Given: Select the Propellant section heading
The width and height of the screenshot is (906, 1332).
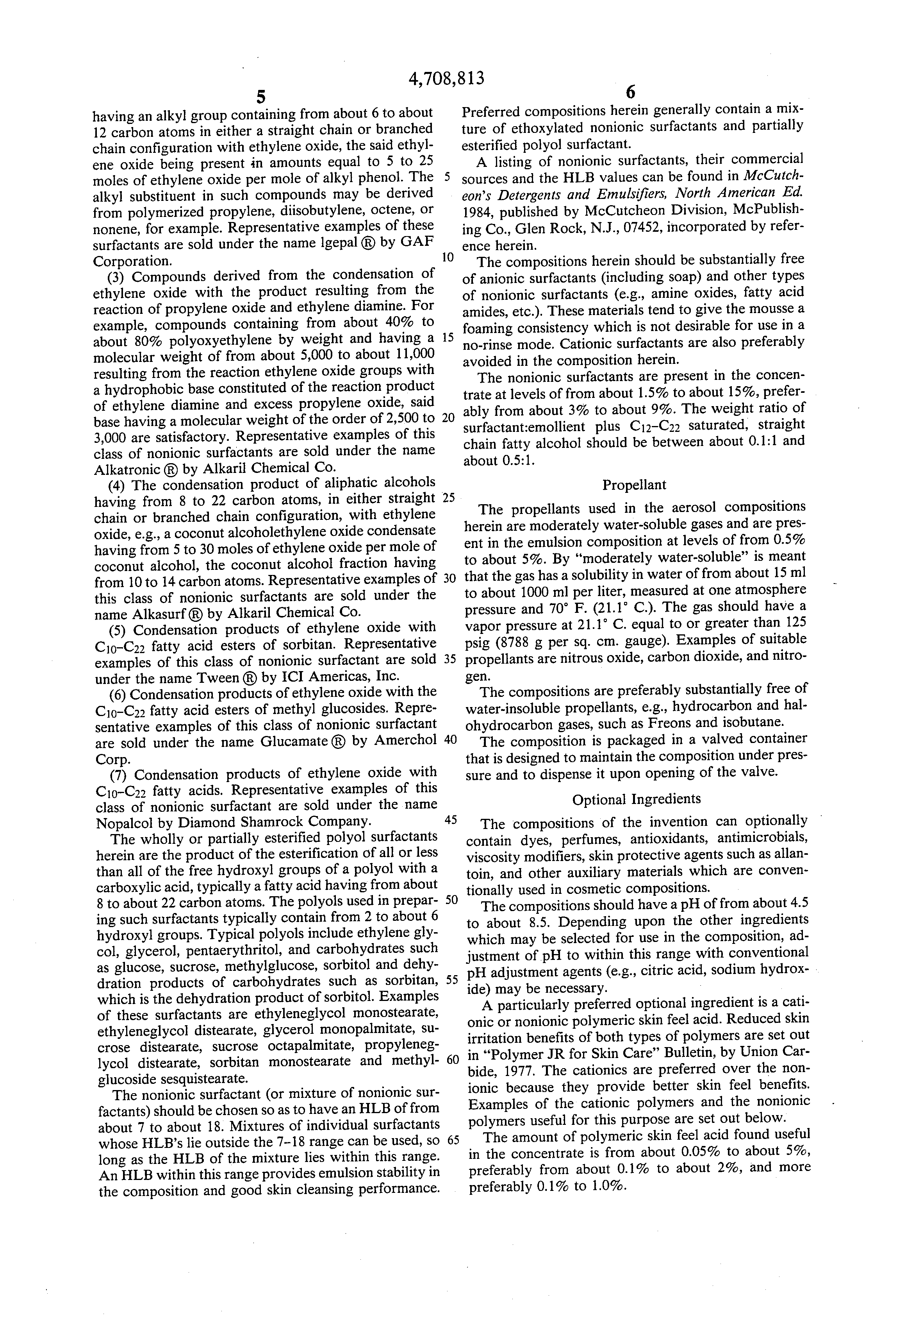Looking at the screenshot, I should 634,485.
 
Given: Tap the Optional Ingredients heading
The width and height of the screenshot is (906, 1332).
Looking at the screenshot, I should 636,799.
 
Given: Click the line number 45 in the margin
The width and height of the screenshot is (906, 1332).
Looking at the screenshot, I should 450,820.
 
